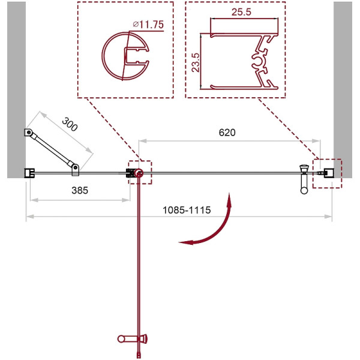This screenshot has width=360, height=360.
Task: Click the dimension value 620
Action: (227, 133)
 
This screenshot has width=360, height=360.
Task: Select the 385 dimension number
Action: (80, 190)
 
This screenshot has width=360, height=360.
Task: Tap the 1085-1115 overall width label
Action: (187, 210)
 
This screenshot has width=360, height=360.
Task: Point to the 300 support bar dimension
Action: (70, 124)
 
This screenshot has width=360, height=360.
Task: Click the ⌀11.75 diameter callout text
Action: (148, 25)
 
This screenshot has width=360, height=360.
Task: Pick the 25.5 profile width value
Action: (241, 12)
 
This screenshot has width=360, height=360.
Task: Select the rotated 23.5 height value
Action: (196, 62)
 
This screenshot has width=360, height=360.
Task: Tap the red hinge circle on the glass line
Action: (139, 173)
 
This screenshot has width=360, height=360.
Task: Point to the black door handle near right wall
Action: (304, 179)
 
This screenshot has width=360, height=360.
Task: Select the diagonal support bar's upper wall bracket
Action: (28, 133)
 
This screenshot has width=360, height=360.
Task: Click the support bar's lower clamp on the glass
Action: (76, 170)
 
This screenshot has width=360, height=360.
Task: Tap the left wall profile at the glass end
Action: (29, 173)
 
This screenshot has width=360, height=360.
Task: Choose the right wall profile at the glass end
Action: (329, 173)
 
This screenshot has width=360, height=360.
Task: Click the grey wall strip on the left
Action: (16, 90)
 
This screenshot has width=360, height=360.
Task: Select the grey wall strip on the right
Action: (343, 90)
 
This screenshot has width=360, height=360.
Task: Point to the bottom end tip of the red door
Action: (139, 358)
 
